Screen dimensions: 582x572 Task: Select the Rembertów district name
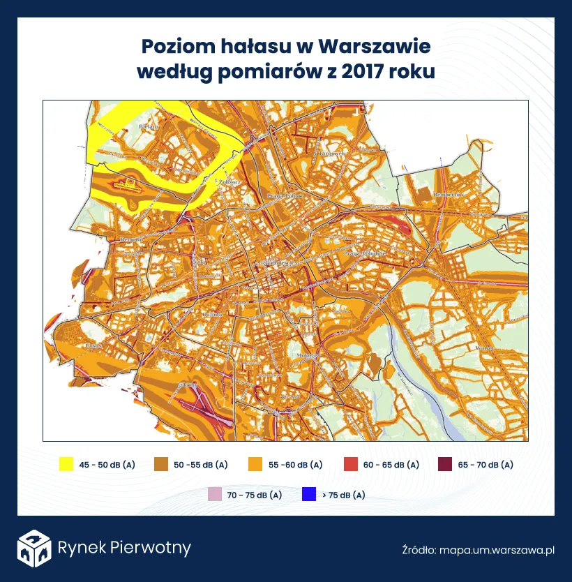(449, 194)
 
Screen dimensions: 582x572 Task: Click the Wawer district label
(483, 347)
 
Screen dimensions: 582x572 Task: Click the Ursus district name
(96, 345)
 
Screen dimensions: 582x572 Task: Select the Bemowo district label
(131, 239)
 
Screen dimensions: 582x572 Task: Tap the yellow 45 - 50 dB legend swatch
(66, 464)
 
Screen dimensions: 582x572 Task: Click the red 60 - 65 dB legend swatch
(351, 464)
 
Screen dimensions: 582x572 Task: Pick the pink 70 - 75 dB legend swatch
(215, 495)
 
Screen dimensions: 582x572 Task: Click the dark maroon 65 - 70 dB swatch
(444, 464)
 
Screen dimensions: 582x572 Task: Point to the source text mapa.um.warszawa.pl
(497, 550)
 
